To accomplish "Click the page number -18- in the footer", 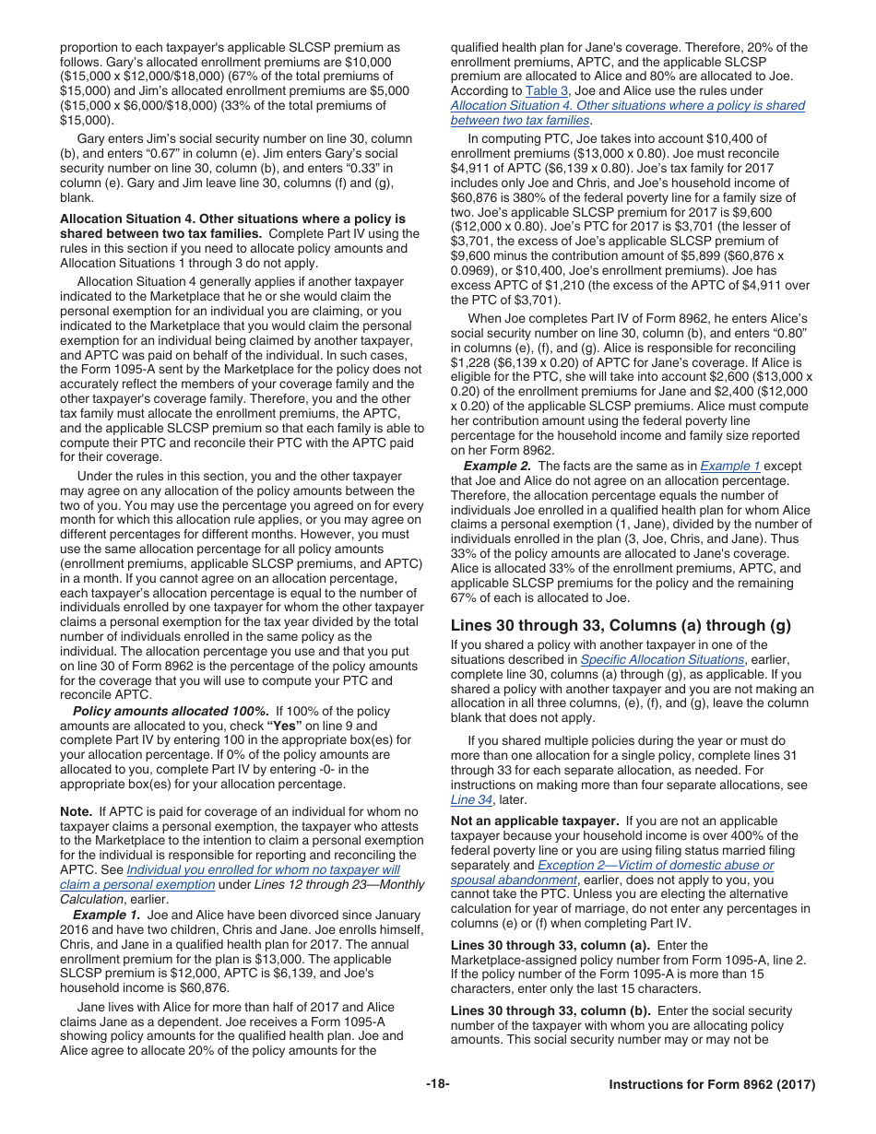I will point(437,1084).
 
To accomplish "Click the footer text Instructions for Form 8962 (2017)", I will point(712,1084).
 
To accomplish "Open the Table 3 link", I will point(547,91).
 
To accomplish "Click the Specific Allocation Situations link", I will point(662,659).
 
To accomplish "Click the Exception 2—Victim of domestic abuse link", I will point(656,865).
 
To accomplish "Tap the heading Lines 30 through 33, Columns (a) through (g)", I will point(621,625).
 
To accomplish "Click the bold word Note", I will point(76,811).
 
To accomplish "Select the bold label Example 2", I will point(497,466).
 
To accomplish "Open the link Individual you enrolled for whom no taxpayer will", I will point(263,869).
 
